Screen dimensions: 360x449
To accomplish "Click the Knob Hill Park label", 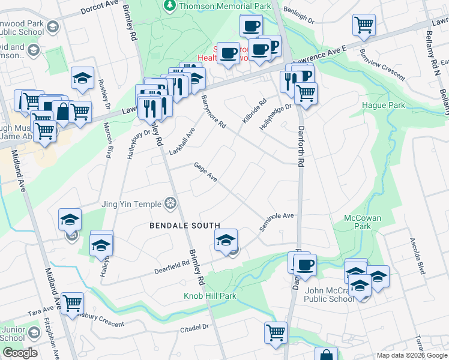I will pos(209,296).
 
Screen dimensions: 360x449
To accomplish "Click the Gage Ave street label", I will pos(205,172).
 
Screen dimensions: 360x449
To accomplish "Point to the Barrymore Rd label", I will pos(213,112).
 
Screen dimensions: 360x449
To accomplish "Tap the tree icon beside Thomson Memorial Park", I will pos(170,5).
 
